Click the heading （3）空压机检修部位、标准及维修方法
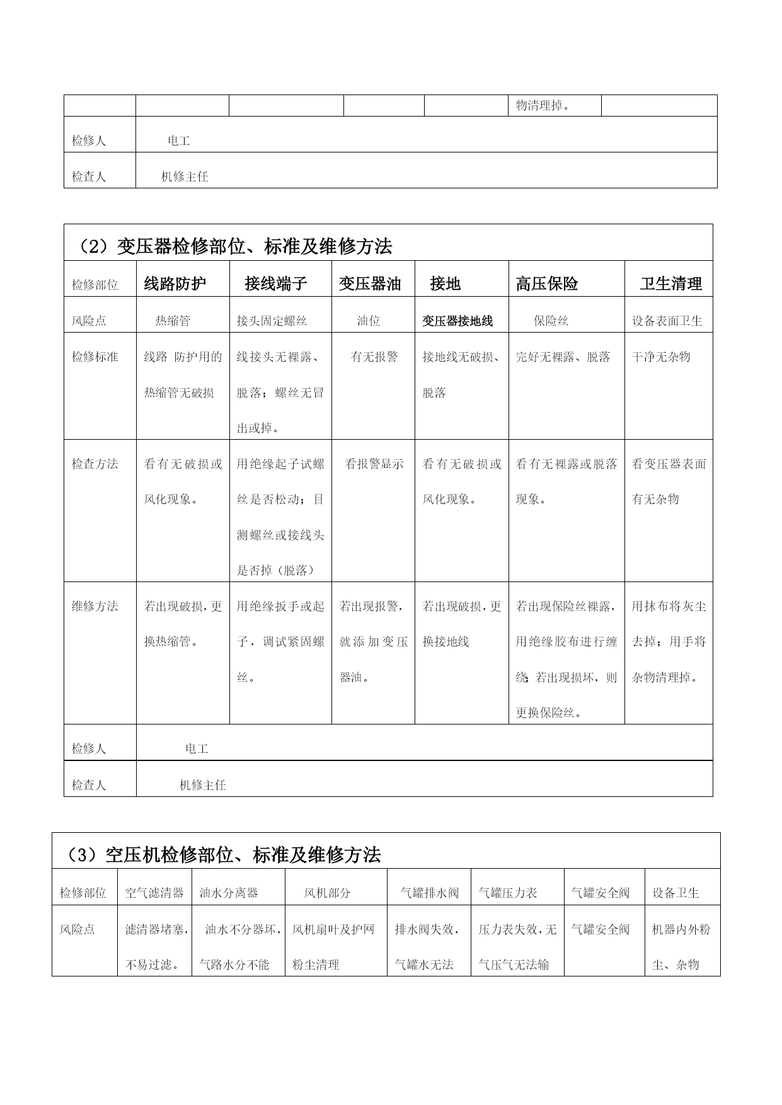(224, 855)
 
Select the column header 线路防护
(175, 284)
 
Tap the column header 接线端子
(276, 284)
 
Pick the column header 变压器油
(370, 284)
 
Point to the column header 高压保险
(547, 284)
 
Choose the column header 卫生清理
(670, 284)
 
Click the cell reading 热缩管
(173, 321)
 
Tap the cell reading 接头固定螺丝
(272, 321)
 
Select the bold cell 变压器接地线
(457, 321)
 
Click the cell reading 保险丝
(551, 321)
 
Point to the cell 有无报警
(374, 357)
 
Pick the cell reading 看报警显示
(374, 464)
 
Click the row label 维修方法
(95, 606)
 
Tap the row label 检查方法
(95, 464)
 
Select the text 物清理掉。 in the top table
(543, 105)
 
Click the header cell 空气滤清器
(154, 893)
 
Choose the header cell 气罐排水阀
(430, 893)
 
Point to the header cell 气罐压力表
(508, 893)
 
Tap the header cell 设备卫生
(676, 893)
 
